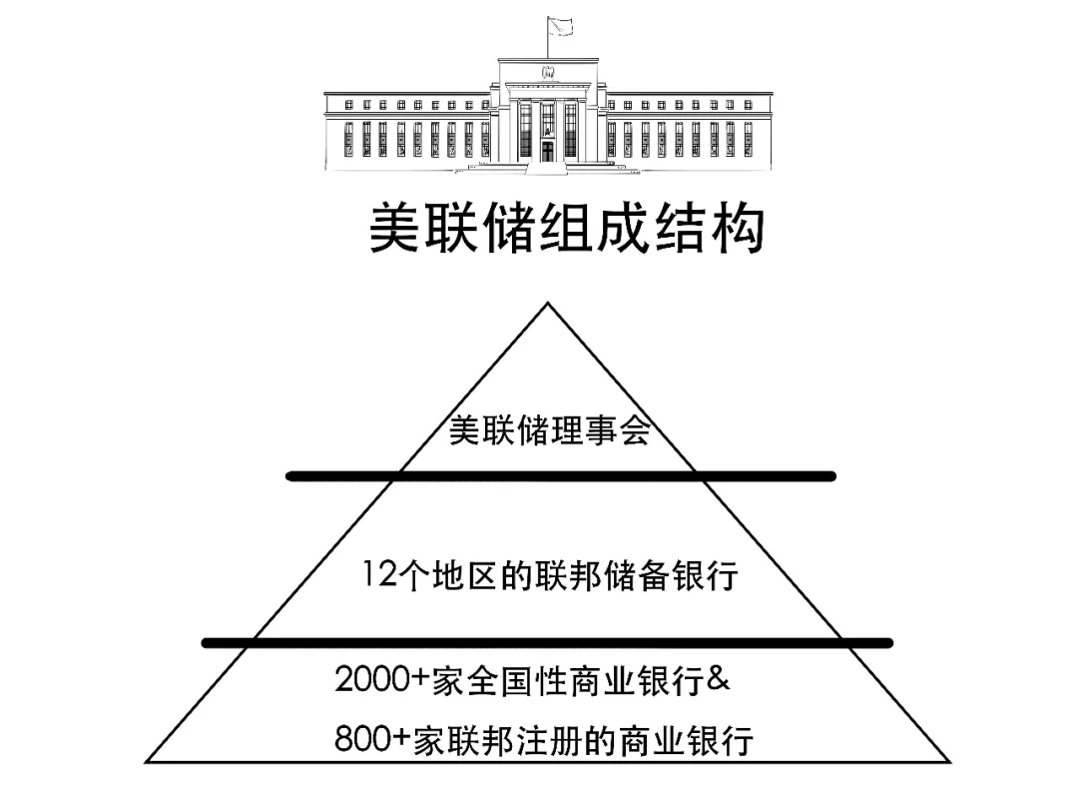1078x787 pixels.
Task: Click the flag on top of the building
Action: click(x=561, y=26)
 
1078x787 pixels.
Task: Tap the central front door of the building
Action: click(x=547, y=151)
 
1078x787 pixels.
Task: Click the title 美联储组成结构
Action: click(x=567, y=228)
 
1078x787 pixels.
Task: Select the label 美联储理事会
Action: click(x=549, y=430)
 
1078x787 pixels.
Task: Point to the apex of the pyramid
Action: click(x=547, y=303)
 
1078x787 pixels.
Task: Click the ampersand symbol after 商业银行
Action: click(x=718, y=679)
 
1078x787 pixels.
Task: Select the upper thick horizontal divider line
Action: click(x=560, y=476)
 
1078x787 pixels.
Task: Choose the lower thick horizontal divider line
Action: click(x=547, y=643)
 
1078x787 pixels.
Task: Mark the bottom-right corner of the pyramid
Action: click(x=949, y=762)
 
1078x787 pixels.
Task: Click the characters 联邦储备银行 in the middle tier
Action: click(x=636, y=574)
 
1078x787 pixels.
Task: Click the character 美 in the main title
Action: click(x=395, y=228)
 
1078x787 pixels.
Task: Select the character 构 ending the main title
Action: click(x=739, y=228)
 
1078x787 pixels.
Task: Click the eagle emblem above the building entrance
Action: click(x=548, y=72)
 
